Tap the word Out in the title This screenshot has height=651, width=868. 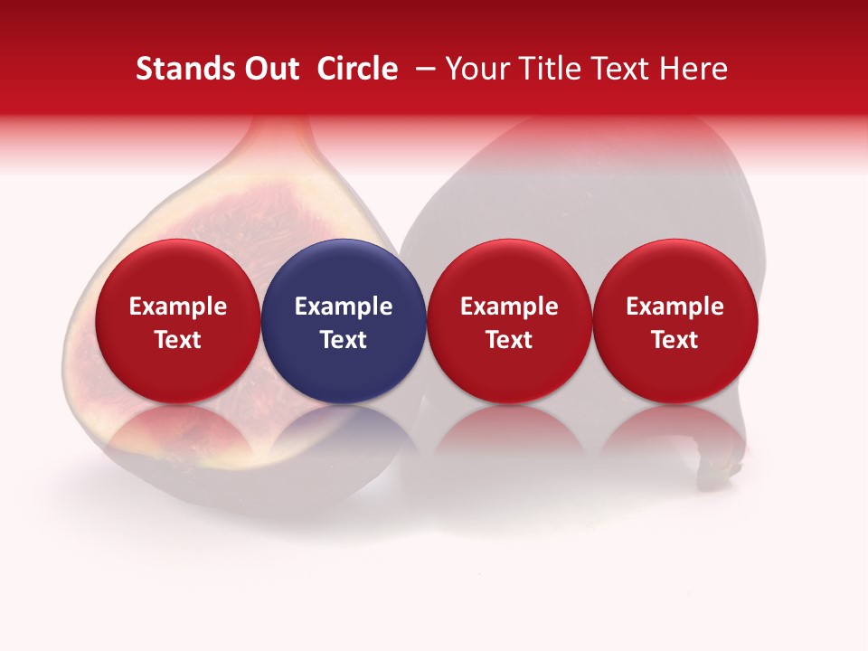pos(270,70)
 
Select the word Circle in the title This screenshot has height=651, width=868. pos(357,70)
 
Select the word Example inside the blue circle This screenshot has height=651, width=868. pos(344,307)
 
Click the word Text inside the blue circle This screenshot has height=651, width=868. pos(344,340)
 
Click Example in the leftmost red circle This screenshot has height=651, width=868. pos(177,307)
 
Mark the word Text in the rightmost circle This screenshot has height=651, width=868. pos(675,340)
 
